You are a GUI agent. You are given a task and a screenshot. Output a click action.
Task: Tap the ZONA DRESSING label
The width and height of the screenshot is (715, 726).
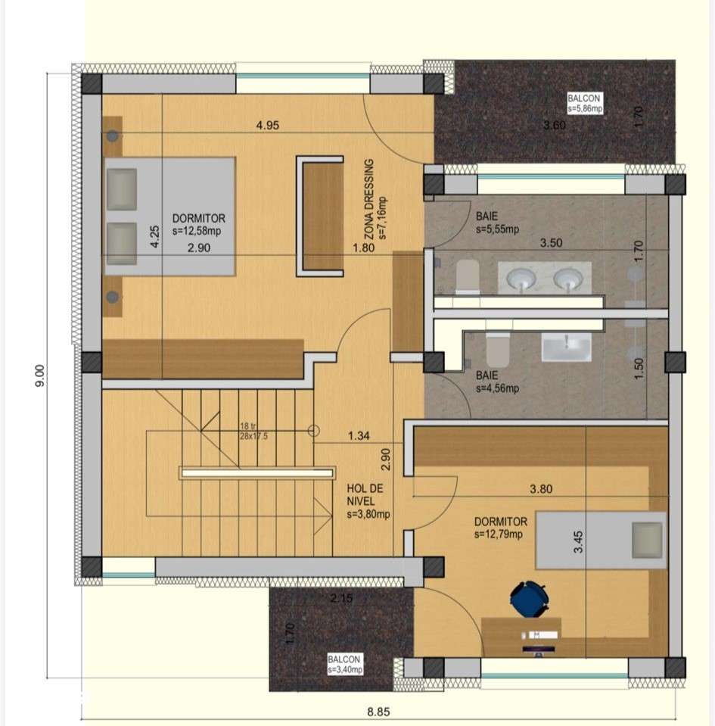[x=375, y=200]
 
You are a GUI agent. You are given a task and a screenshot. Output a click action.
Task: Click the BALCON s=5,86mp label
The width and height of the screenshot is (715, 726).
[x=585, y=104]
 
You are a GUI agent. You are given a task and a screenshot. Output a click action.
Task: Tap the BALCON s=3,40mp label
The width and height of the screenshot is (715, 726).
[x=345, y=664]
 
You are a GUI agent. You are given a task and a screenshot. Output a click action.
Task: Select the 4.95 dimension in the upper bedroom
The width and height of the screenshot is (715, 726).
[x=268, y=126]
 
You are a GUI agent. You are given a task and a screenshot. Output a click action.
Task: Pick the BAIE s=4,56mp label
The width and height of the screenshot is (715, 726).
[x=497, y=382]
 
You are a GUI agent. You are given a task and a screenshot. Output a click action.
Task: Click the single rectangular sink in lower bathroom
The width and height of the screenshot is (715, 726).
[x=566, y=349]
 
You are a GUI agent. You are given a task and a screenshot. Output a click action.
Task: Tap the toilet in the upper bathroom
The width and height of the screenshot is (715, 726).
[x=467, y=276]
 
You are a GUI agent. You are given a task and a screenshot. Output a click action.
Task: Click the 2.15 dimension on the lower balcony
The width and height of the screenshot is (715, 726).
[x=341, y=598]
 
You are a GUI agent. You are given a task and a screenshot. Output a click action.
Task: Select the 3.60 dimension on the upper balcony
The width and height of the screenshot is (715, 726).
[x=555, y=126]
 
